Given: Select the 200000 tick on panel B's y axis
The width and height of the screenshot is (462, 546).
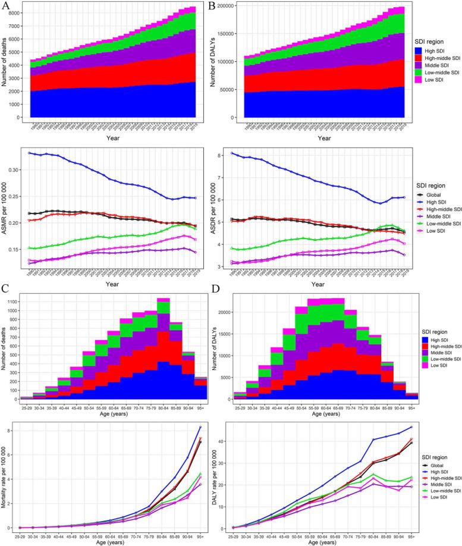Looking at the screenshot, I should click(x=247, y=5).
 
